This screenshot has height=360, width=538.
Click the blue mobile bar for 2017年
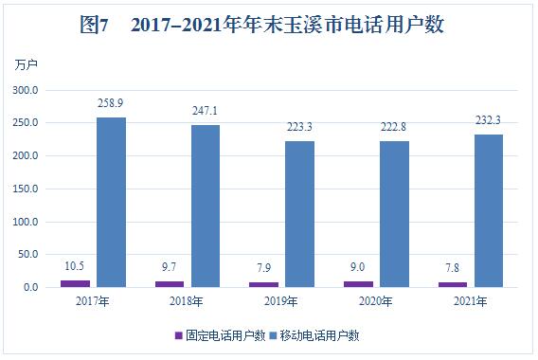click(x=111, y=202)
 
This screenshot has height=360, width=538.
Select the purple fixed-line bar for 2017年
click(x=76, y=283)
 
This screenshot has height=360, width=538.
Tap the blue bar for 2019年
click(x=300, y=214)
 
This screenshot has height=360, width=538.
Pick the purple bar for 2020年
click(x=359, y=284)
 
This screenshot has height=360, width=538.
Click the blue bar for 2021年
click(x=489, y=210)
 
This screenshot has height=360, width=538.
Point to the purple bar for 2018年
click(x=170, y=284)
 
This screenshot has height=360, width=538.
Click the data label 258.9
click(x=110, y=103)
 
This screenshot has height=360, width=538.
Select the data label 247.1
click(x=205, y=111)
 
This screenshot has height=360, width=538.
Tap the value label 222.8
click(x=393, y=127)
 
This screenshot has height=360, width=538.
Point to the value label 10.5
click(x=75, y=266)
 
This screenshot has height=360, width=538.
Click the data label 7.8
click(x=452, y=268)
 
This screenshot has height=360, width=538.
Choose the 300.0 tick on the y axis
click(x=25, y=90)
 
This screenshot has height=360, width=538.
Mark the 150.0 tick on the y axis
click(x=25, y=189)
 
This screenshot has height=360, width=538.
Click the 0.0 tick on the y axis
click(x=31, y=287)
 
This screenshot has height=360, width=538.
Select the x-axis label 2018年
click(x=186, y=301)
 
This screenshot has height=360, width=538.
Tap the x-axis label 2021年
click(x=471, y=301)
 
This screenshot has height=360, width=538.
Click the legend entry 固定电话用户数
click(x=220, y=335)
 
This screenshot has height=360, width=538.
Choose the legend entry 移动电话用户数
click(x=314, y=335)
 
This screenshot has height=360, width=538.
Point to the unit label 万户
click(x=26, y=64)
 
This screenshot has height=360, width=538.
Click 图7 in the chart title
click(x=94, y=25)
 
